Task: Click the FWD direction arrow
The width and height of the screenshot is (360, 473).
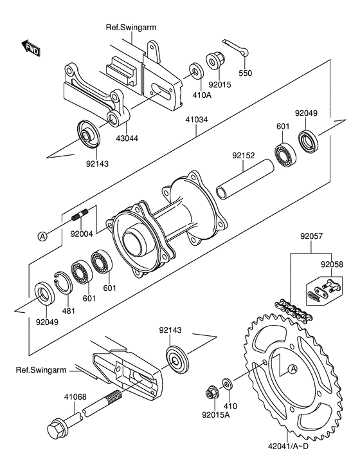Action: click(x=30, y=48)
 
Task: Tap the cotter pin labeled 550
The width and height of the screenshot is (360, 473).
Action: click(x=236, y=47)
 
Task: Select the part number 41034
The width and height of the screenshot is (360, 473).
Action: click(x=197, y=120)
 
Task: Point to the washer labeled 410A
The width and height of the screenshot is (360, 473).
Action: click(x=197, y=71)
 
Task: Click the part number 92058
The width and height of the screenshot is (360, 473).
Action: click(x=332, y=264)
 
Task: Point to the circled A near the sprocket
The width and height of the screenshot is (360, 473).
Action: click(x=292, y=368)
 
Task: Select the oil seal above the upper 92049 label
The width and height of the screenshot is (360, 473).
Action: click(x=308, y=140)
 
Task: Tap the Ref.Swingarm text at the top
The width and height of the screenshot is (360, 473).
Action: click(x=131, y=27)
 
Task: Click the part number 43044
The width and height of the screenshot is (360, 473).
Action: click(x=127, y=138)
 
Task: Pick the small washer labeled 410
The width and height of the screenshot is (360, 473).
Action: click(x=226, y=384)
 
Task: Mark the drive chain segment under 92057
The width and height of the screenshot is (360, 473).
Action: click(x=294, y=310)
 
